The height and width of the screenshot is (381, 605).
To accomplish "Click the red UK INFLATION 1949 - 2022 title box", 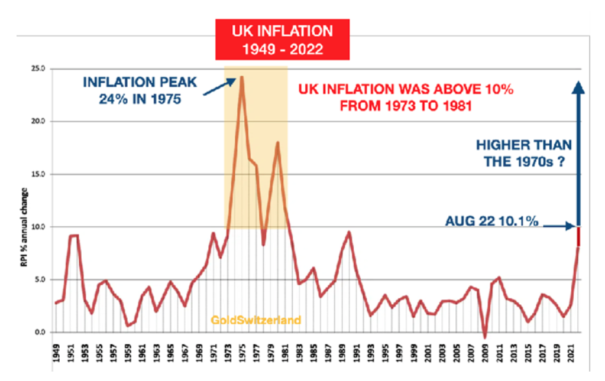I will [x=282, y=39].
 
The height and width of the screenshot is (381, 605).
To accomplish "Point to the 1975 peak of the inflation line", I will [x=241, y=77].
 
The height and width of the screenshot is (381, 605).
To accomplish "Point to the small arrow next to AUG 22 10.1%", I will [x=559, y=225].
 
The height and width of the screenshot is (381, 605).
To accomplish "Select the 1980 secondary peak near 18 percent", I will [x=277, y=142].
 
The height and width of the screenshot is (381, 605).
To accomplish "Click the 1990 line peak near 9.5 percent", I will [x=350, y=232].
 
